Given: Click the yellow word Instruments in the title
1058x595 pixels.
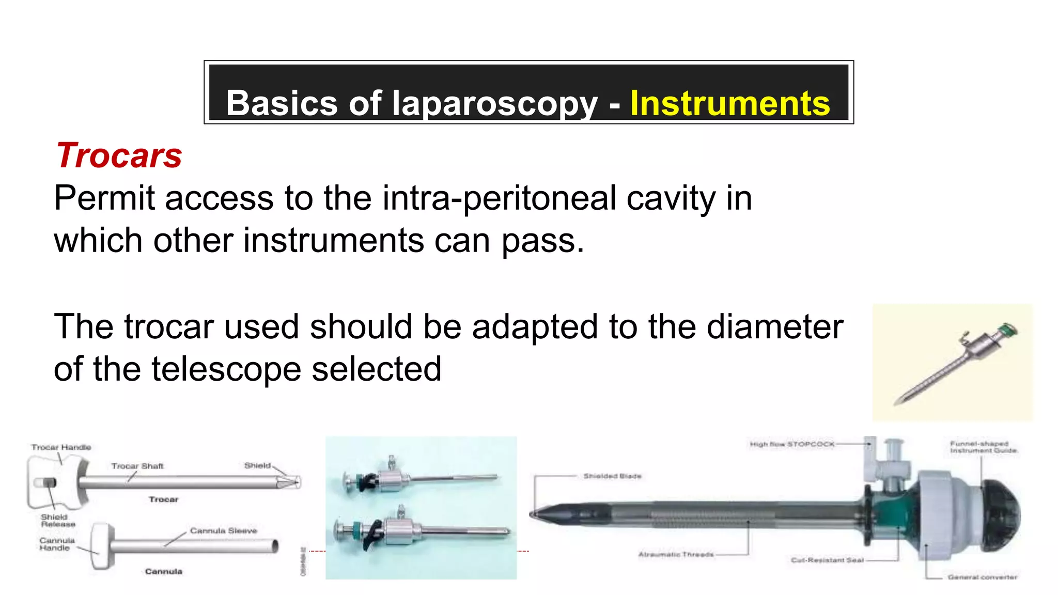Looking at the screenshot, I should click(729, 103).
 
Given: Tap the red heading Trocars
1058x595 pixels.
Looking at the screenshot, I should click(119, 155).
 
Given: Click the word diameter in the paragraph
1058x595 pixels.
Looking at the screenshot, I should click(775, 327).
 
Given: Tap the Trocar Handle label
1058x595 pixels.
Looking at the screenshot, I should click(61, 447).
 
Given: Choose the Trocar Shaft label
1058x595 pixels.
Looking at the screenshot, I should click(137, 466).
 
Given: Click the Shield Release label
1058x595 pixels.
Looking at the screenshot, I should click(58, 520).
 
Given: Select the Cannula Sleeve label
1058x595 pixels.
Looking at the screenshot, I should click(223, 530).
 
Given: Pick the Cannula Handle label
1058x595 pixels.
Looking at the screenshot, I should click(57, 544).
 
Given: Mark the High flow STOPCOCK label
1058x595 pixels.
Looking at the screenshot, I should click(792, 444).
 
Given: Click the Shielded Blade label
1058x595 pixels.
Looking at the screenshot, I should click(612, 476).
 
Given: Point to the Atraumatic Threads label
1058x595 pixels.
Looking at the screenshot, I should click(676, 555).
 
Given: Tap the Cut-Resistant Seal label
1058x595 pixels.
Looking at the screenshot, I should click(827, 560).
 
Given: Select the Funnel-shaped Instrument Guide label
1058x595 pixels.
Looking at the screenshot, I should click(983, 447).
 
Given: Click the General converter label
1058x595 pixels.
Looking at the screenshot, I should click(982, 577).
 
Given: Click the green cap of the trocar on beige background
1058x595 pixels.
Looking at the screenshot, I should click(1007, 330).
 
